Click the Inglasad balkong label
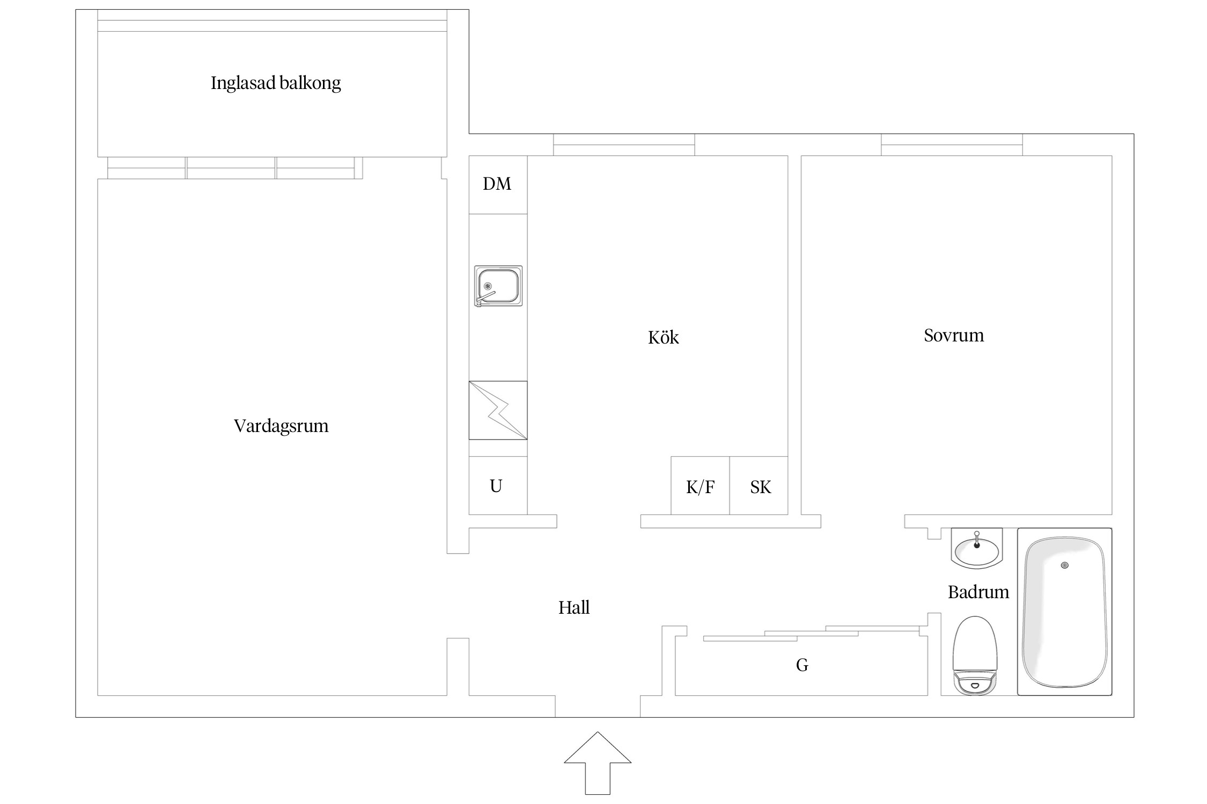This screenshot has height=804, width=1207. (276, 83)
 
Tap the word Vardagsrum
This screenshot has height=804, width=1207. (281, 426)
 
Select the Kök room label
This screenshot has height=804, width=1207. (663, 337)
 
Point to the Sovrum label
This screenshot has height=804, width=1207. (953, 336)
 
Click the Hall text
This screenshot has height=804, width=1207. (573, 607)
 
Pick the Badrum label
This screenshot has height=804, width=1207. (978, 592)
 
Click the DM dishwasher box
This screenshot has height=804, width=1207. (497, 184)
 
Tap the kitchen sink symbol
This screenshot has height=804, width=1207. (498, 286)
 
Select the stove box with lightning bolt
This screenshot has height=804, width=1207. (498, 410)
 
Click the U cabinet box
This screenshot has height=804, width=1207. (496, 486)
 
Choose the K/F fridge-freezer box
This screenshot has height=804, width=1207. (700, 487)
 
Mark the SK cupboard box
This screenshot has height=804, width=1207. (760, 487)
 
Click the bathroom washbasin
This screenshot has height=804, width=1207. (976, 549)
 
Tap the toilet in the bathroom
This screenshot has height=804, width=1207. (975, 657)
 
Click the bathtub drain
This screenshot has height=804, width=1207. (1064, 565)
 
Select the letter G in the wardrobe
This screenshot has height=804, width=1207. (802, 665)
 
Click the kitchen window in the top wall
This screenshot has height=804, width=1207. (624, 145)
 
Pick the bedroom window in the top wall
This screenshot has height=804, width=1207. (951, 145)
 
